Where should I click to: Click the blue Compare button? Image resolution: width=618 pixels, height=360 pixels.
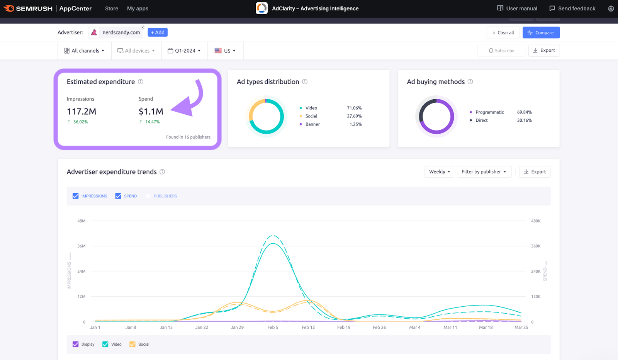click(541, 33)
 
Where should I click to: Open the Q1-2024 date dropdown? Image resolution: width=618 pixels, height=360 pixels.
click(184, 51)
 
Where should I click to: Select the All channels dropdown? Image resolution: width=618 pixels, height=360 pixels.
click(84, 51)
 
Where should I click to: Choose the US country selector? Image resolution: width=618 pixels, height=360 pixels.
click(225, 51)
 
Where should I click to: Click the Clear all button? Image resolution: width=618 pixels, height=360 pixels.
click(503, 33)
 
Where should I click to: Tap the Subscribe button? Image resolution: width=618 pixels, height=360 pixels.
click(501, 51)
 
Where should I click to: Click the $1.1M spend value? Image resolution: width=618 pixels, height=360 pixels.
click(151, 112)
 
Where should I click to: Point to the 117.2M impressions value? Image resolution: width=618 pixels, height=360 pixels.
click(81, 112)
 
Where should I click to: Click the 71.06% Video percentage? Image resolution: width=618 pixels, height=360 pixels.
click(354, 108)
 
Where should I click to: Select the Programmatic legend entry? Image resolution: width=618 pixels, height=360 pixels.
click(489, 112)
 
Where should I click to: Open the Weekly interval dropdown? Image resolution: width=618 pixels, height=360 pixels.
click(439, 172)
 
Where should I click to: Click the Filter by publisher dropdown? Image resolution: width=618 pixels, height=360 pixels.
click(484, 172)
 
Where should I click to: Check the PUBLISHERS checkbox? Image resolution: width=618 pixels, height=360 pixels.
click(148, 196)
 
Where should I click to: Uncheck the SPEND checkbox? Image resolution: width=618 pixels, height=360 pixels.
click(118, 196)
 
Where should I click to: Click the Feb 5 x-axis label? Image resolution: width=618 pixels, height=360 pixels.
click(273, 328)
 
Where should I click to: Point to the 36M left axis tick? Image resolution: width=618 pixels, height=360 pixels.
click(81, 246)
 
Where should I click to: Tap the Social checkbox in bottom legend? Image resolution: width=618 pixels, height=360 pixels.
click(132, 345)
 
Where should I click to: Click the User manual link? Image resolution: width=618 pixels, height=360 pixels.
click(517, 8)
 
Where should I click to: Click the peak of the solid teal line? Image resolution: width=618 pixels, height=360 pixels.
click(273, 243)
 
